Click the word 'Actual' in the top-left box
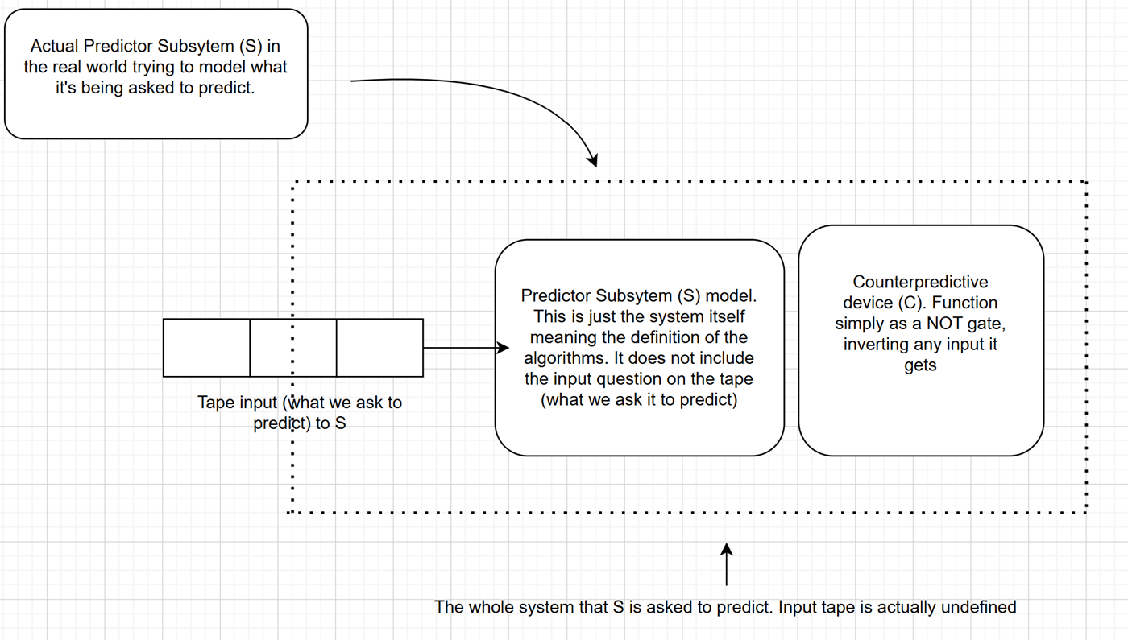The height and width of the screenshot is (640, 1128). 55,47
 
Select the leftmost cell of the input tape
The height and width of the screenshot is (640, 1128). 206,348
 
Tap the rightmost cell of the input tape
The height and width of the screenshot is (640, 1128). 379,348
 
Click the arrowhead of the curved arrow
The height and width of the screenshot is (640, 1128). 593,160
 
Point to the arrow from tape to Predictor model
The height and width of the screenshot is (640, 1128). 466,348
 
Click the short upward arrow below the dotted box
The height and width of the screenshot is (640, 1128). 727,564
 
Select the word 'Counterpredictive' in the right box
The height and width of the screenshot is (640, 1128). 920,283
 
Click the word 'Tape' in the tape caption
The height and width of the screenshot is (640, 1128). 214,403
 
